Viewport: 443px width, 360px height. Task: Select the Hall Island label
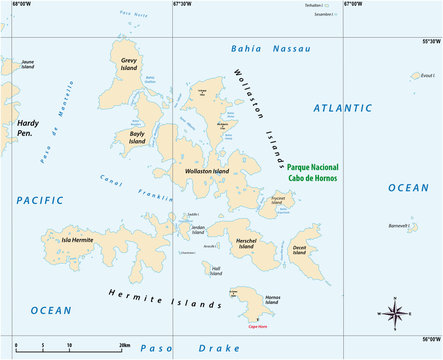click(215, 269)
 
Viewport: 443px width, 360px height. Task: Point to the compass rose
click(395, 312)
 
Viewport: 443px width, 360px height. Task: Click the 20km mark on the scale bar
click(122, 345)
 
